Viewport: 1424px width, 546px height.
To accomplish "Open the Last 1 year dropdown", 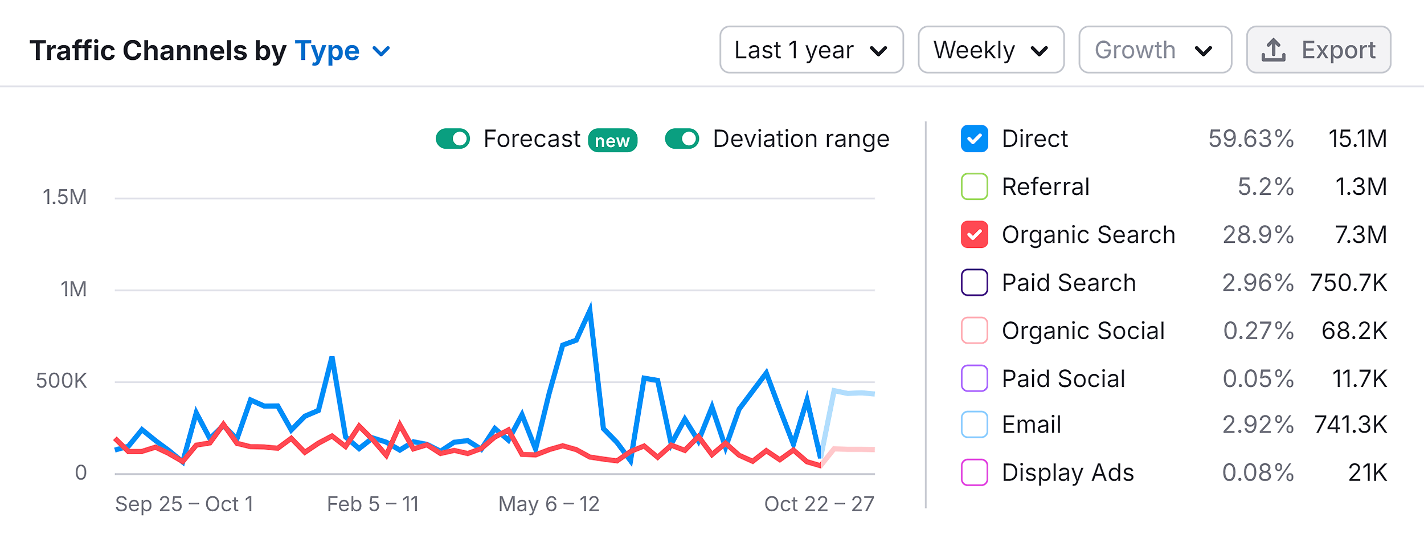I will pyautogui.click(x=811, y=50).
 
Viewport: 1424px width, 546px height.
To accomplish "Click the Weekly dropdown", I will pyautogui.click(x=991, y=50).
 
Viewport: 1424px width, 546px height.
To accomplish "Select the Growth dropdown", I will pyautogui.click(x=1155, y=50).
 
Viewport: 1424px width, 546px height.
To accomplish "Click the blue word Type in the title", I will pyautogui.click(x=327, y=51).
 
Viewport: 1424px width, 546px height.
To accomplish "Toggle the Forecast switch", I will pyautogui.click(x=453, y=138).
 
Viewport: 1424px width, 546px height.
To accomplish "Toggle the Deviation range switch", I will pyautogui.click(x=682, y=138).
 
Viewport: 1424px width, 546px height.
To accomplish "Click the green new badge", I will pyautogui.click(x=612, y=140).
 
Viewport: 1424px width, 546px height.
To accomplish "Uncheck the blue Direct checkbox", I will pyautogui.click(x=974, y=138).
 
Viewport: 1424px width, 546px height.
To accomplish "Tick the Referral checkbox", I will pyautogui.click(x=974, y=186).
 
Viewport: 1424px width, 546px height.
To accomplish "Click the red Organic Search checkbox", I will pyautogui.click(x=974, y=234).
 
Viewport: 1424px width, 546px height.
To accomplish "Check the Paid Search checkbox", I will pyautogui.click(x=974, y=282).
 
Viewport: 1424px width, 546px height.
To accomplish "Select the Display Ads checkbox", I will pyautogui.click(x=974, y=472).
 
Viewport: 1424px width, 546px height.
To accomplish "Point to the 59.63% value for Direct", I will pyautogui.click(x=1251, y=138).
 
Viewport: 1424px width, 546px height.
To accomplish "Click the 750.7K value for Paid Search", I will pyautogui.click(x=1348, y=282).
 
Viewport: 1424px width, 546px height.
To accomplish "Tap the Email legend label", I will pyautogui.click(x=1031, y=425).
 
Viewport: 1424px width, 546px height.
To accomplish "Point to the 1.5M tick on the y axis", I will pyautogui.click(x=64, y=197).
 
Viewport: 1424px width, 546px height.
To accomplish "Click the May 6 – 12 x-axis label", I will pyautogui.click(x=549, y=504).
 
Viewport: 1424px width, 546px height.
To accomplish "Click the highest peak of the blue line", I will pyautogui.click(x=590, y=308).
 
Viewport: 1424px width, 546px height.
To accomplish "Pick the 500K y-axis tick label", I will pyautogui.click(x=62, y=381).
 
